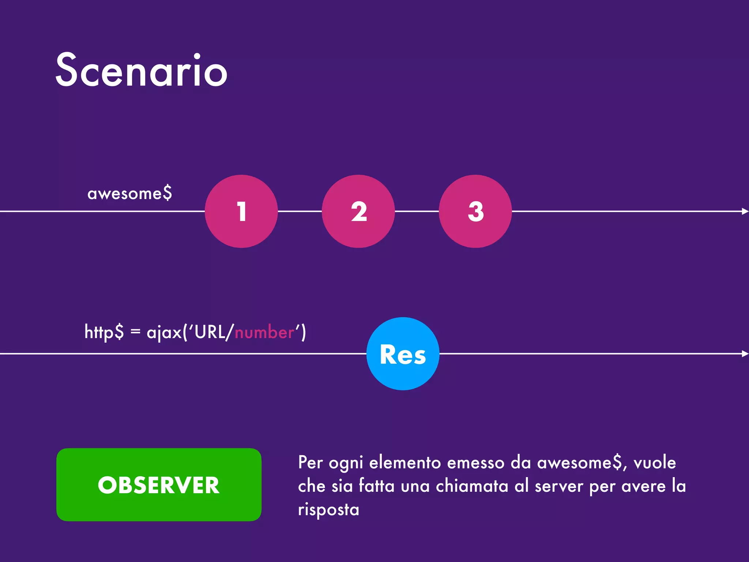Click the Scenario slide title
tap(142, 70)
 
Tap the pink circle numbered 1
tap(241, 211)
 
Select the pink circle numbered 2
tap(358, 211)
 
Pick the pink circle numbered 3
tap(475, 211)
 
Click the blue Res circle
tap(403, 354)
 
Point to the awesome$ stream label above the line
tap(129, 193)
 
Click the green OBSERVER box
tap(159, 485)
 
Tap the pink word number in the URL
tap(264, 332)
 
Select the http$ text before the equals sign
tap(104, 332)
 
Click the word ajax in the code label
tap(164, 332)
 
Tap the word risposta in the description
tap(328, 509)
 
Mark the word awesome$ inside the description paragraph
tap(581, 462)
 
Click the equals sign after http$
tap(135, 332)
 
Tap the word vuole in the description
tap(655, 462)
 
